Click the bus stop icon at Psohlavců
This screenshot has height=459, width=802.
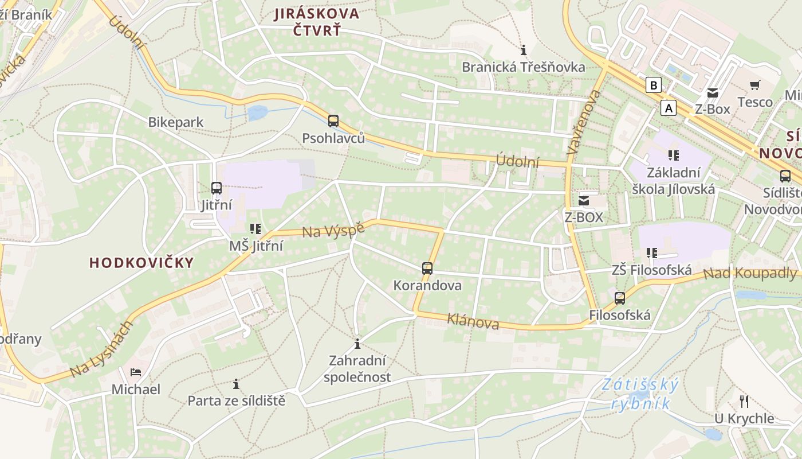[333, 121]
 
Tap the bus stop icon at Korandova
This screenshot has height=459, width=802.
[427, 268]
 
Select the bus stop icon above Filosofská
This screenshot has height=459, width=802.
[620, 298]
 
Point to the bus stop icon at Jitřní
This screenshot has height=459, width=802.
[217, 188]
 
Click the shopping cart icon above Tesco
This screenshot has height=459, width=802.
[755, 85]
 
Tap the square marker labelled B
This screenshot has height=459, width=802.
[653, 85]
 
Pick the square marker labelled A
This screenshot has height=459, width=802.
[668, 107]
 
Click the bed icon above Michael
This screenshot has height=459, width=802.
[136, 372]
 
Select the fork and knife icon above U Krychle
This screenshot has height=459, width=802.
[744, 401]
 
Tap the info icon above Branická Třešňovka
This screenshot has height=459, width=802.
[523, 50]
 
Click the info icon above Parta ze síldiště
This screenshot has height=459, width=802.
[236, 383]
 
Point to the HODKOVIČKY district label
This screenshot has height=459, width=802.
[141, 263]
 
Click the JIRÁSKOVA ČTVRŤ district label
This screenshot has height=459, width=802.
[316, 21]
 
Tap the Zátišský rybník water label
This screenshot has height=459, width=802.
[640, 394]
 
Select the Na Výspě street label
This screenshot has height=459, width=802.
[333, 229]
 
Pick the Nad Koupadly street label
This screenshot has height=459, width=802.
[749, 273]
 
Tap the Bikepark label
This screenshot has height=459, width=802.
[175, 122]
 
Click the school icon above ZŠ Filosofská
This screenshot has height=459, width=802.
[651, 252]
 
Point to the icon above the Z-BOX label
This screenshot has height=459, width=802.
[584, 200]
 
